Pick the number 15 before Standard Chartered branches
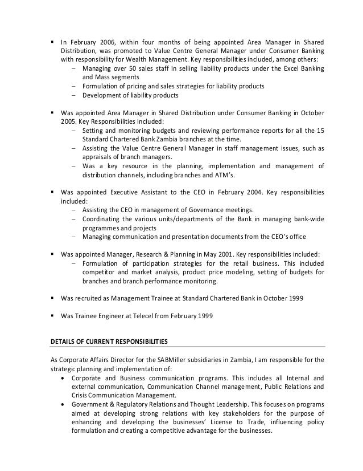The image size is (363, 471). coord(320,131)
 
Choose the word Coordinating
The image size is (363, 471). coord(103,219)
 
